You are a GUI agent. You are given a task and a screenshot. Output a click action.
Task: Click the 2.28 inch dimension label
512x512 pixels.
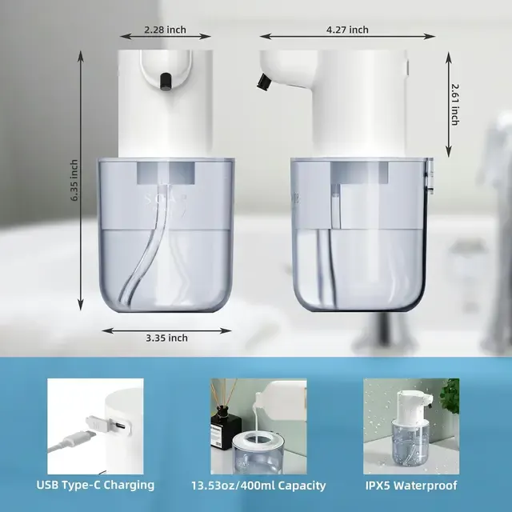[x=166, y=30]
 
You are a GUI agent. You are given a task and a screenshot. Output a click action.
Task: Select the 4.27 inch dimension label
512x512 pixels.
[x=347, y=30]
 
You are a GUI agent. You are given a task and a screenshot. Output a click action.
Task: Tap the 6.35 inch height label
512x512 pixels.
[x=74, y=180]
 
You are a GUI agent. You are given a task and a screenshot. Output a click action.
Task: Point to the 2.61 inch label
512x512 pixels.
[x=454, y=105]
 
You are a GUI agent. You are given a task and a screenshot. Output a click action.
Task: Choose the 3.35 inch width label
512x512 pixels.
[x=166, y=338]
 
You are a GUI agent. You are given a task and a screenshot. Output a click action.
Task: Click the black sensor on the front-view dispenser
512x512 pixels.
[x=166, y=82]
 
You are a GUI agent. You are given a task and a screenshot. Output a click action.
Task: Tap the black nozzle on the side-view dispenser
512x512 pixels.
[x=263, y=82]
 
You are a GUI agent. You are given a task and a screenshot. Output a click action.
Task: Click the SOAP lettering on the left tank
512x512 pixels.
[x=166, y=199]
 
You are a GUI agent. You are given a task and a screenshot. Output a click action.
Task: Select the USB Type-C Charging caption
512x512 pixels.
[x=95, y=486]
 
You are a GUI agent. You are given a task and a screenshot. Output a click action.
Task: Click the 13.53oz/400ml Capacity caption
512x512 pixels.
[x=258, y=486]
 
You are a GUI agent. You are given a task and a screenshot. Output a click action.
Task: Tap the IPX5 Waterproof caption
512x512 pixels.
[x=411, y=486]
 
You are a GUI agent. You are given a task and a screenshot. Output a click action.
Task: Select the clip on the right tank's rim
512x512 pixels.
[x=430, y=176]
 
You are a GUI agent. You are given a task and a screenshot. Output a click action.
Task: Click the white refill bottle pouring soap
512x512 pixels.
[x=280, y=396]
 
